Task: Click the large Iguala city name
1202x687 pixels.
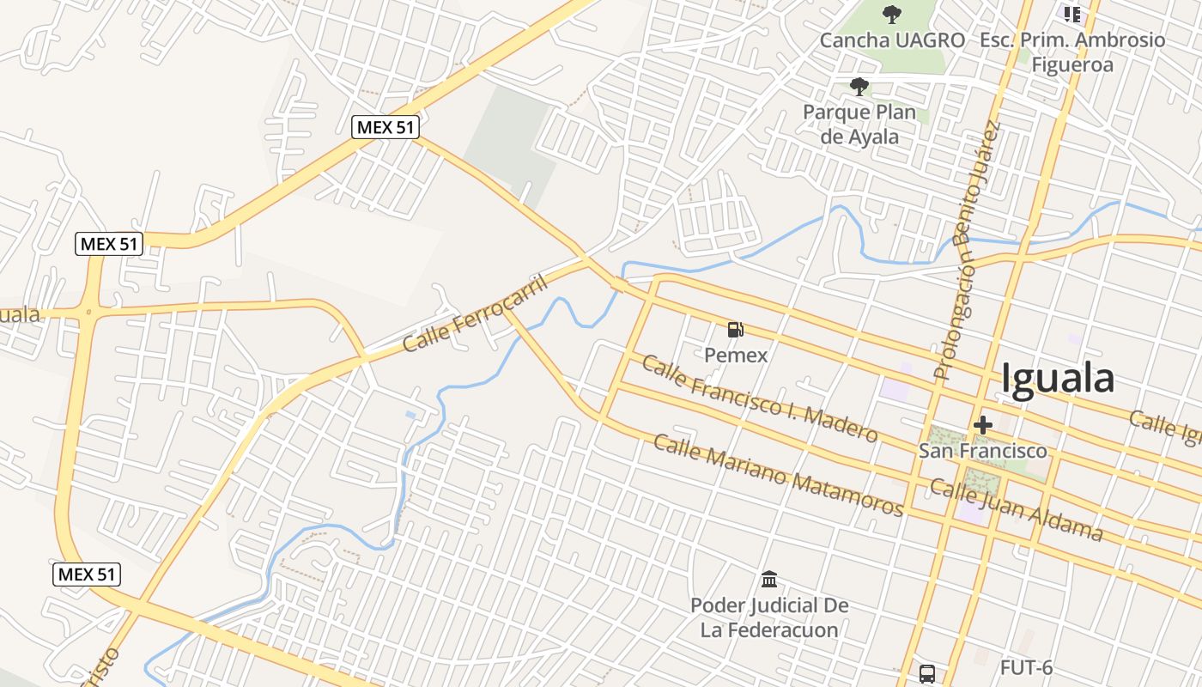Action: pos(1058,379)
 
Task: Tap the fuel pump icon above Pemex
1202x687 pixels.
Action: pos(736,329)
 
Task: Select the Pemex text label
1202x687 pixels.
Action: pos(736,355)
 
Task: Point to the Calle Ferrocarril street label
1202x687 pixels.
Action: pos(476,313)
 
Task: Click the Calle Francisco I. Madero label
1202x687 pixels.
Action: pos(760,399)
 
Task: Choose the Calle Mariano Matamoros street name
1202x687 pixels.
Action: pos(779,475)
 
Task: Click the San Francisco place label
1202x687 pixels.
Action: pos(983,450)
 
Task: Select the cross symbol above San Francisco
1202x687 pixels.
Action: pos(983,424)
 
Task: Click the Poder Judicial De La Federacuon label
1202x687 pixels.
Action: pos(769,617)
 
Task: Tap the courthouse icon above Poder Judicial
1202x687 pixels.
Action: pos(769,580)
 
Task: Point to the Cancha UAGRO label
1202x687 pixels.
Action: pos(893,40)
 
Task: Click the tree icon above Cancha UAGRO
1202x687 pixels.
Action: pos(893,14)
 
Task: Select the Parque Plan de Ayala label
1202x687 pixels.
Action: pos(859,125)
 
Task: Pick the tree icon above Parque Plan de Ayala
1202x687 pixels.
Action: pos(859,86)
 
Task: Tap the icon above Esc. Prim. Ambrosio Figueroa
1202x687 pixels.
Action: pos(1072,14)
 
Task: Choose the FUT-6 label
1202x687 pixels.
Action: pos(1026,667)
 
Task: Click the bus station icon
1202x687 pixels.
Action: pos(927,673)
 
